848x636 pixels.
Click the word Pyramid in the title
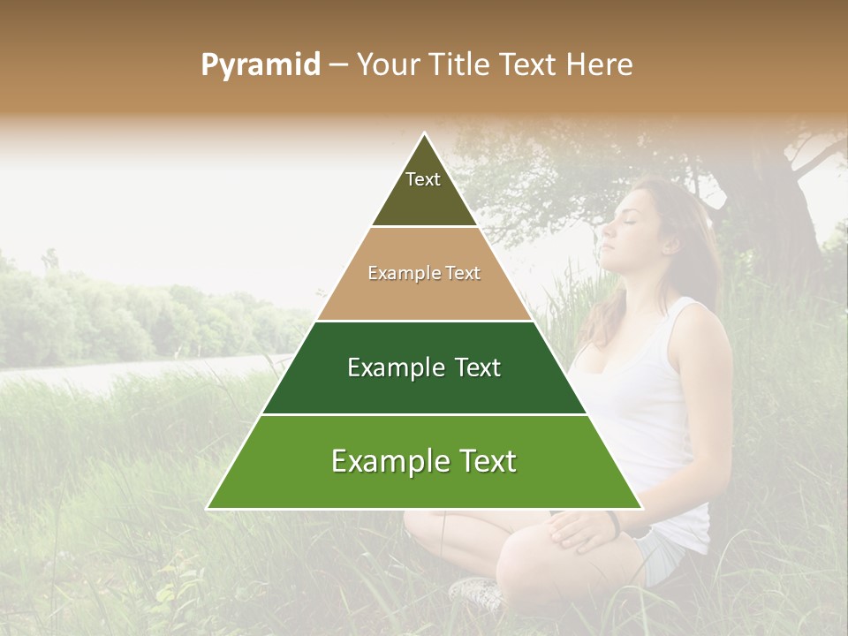click(x=260, y=65)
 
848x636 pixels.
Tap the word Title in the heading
click(x=462, y=65)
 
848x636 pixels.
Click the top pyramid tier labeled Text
click(x=423, y=190)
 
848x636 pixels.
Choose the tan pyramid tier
click(x=424, y=291)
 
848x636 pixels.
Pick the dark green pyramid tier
click(x=424, y=389)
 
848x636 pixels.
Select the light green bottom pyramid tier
click(x=424, y=481)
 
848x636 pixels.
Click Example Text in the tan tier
click(x=424, y=274)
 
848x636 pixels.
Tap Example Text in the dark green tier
click(x=424, y=367)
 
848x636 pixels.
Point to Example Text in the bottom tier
click(x=424, y=461)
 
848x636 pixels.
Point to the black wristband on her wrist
click(x=616, y=524)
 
